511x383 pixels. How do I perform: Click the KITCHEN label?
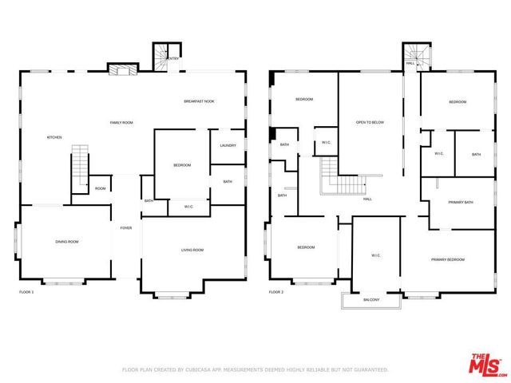click(54, 137)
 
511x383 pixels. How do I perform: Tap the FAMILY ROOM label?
click(121, 122)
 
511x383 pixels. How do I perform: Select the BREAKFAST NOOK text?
click(199, 101)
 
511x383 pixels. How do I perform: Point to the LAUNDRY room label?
click(228, 145)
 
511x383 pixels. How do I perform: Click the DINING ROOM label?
click(66, 242)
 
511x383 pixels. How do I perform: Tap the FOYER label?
click(126, 227)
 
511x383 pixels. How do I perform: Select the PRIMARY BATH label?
click(460, 203)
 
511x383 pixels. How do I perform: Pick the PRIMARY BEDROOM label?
click(448, 259)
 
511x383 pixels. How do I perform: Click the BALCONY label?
click(371, 300)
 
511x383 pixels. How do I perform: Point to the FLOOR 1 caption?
click(26, 293)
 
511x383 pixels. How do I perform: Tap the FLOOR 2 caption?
click(276, 293)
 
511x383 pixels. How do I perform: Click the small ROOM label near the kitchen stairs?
click(100, 189)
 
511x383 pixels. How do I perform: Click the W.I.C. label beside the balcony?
click(376, 255)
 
